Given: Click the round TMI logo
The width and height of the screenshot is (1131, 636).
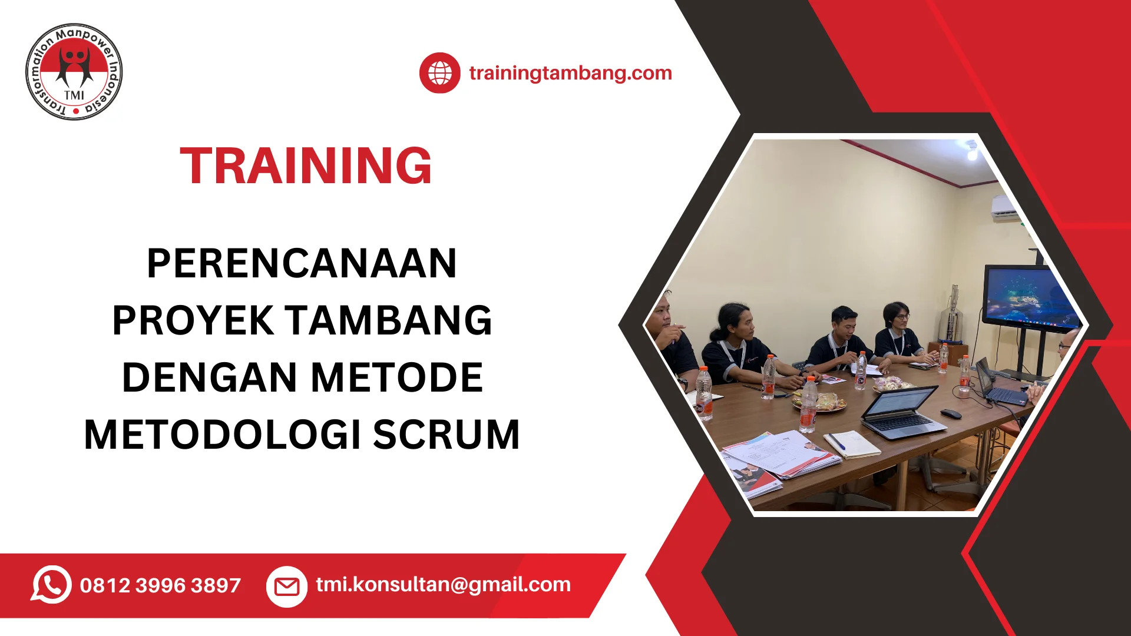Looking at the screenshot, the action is tap(74, 72).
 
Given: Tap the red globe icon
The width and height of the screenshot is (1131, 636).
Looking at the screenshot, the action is tap(439, 73).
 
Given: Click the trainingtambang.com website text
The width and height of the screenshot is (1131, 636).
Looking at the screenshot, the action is tap(570, 73).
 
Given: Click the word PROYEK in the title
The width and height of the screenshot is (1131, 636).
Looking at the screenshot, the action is tap(193, 320).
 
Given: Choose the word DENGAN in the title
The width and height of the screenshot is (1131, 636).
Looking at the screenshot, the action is tap(209, 377).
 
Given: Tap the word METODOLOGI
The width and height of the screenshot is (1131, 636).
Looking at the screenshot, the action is tap(223, 435).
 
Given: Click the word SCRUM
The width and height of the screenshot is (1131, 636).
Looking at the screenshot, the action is tap(447, 435).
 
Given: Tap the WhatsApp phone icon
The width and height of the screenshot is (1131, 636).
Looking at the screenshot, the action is tap(51, 585).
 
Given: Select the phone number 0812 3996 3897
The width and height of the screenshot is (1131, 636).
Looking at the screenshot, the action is tap(160, 585).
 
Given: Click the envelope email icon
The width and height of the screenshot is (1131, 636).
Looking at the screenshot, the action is tap(287, 587).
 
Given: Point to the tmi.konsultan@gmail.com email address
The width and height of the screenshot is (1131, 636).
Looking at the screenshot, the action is tap(443, 584).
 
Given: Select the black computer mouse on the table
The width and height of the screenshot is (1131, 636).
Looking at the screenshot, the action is tap(951, 413).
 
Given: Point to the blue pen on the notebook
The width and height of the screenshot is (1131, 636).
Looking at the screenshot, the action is tap(836, 441).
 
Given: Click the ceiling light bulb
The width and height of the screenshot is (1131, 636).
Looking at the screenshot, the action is tap(972, 153).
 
